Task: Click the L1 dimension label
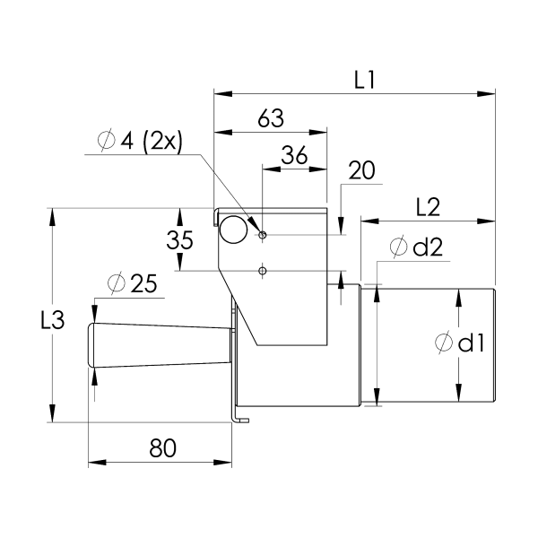363,80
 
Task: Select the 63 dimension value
271,118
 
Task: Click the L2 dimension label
427,207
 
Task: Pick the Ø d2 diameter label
418,247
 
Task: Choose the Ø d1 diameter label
459,343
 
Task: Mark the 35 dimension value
181,239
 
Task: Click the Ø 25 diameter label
132,284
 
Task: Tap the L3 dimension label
54,319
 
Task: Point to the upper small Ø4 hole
263,235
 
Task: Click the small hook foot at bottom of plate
239,419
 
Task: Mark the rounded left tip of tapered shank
91,344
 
